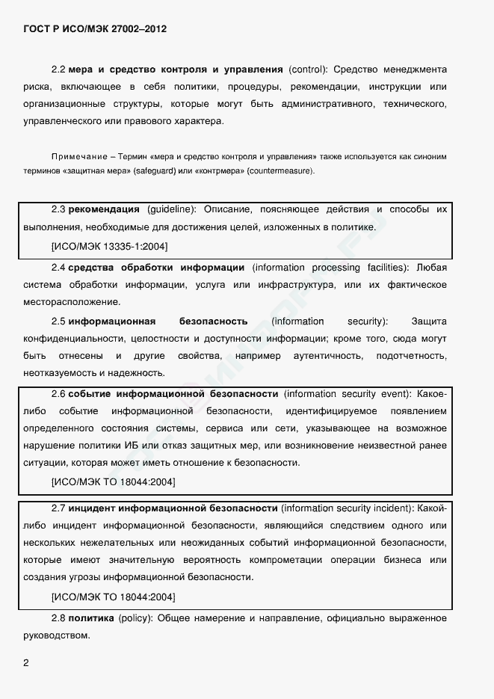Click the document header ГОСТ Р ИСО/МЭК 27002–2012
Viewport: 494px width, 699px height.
tap(95, 29)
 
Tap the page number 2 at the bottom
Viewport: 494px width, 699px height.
tap(27, 663)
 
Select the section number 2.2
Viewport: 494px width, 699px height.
tap(59, 70)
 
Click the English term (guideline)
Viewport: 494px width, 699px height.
tap(172, 209)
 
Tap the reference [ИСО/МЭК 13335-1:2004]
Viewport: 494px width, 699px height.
tap(109, 245)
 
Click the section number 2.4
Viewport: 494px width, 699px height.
tap(59, 267)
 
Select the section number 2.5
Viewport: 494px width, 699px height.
tap(59, 321)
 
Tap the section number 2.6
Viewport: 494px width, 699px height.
tap(59, 393)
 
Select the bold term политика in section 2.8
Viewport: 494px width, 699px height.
tap(91, 618)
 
